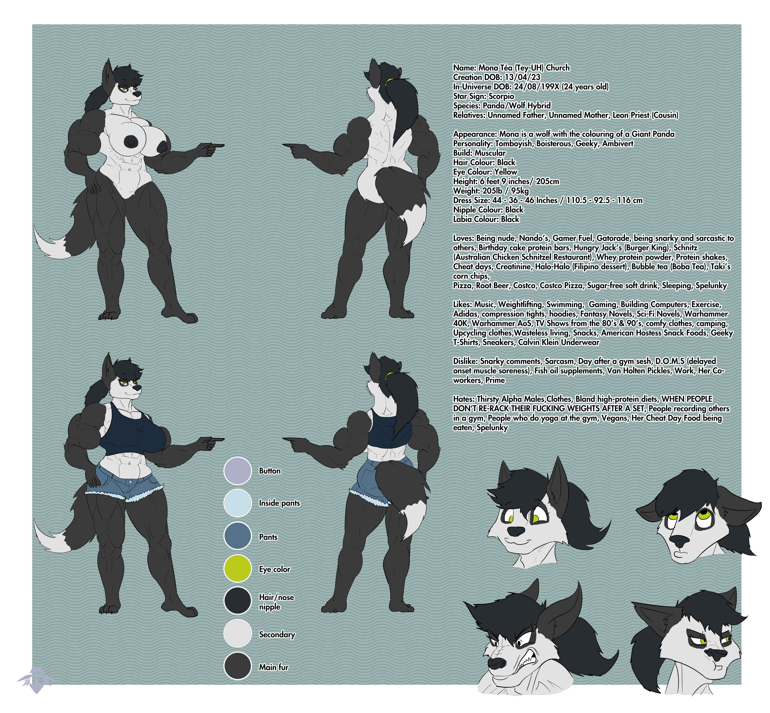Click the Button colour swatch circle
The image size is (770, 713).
237,471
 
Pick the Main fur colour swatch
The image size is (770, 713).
237,666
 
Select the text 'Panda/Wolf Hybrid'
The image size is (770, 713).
517,105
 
